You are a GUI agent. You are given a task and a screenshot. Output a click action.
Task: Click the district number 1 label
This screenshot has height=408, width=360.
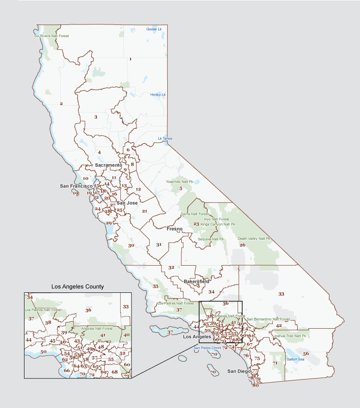[x=130, y=59]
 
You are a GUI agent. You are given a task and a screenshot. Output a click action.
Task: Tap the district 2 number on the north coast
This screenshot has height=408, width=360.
[x=61, y=104]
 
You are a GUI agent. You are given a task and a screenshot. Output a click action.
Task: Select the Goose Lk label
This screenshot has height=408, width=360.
[x=154, y=29]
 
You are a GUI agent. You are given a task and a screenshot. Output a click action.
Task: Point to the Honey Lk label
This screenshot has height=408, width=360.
[x=158, y=95]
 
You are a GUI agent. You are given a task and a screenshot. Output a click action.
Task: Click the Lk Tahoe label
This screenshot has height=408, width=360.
[x=165, y=138]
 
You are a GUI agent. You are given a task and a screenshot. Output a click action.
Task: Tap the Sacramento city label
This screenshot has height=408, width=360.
[x=108, y=165]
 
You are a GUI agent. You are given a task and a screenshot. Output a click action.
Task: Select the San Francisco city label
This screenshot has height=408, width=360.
[x=76, y=186]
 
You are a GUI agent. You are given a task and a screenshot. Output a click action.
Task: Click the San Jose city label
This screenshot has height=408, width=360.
[x=127, y=203]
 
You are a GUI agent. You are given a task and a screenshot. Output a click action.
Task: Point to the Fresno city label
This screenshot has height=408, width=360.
[x=175, y=229]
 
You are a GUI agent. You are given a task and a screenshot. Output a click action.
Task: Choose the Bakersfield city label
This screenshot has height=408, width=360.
[x=196, y=282]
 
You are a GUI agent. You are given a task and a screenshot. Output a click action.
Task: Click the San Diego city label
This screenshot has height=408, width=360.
[x=238, y=371]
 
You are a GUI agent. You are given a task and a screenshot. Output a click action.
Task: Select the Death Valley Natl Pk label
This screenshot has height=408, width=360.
[x=254, y=238]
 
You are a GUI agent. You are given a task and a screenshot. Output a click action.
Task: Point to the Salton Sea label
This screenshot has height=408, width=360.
[x=295, y=359]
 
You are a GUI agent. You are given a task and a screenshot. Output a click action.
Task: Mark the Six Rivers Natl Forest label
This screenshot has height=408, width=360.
[x=52, y=35]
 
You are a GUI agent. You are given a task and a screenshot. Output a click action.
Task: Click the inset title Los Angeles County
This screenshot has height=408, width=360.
[x=78, y=287]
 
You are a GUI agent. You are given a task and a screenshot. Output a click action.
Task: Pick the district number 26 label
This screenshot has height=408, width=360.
[x=242, y=245]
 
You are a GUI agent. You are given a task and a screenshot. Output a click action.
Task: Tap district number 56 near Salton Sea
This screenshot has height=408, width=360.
[x=306, y=354]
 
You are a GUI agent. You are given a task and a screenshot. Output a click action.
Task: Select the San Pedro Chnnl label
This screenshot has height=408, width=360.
[x=207, y=348]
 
